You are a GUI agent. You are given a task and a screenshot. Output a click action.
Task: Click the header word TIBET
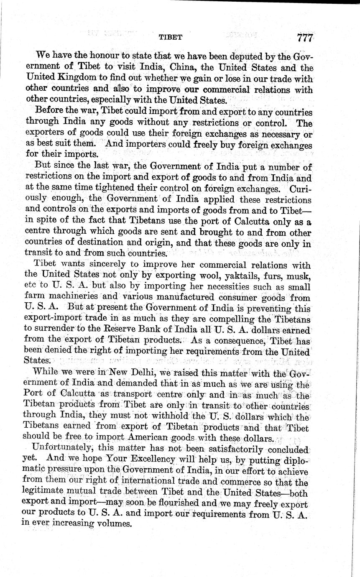pos(170,37)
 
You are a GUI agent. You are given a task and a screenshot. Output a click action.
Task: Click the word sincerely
pos(116,265)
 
